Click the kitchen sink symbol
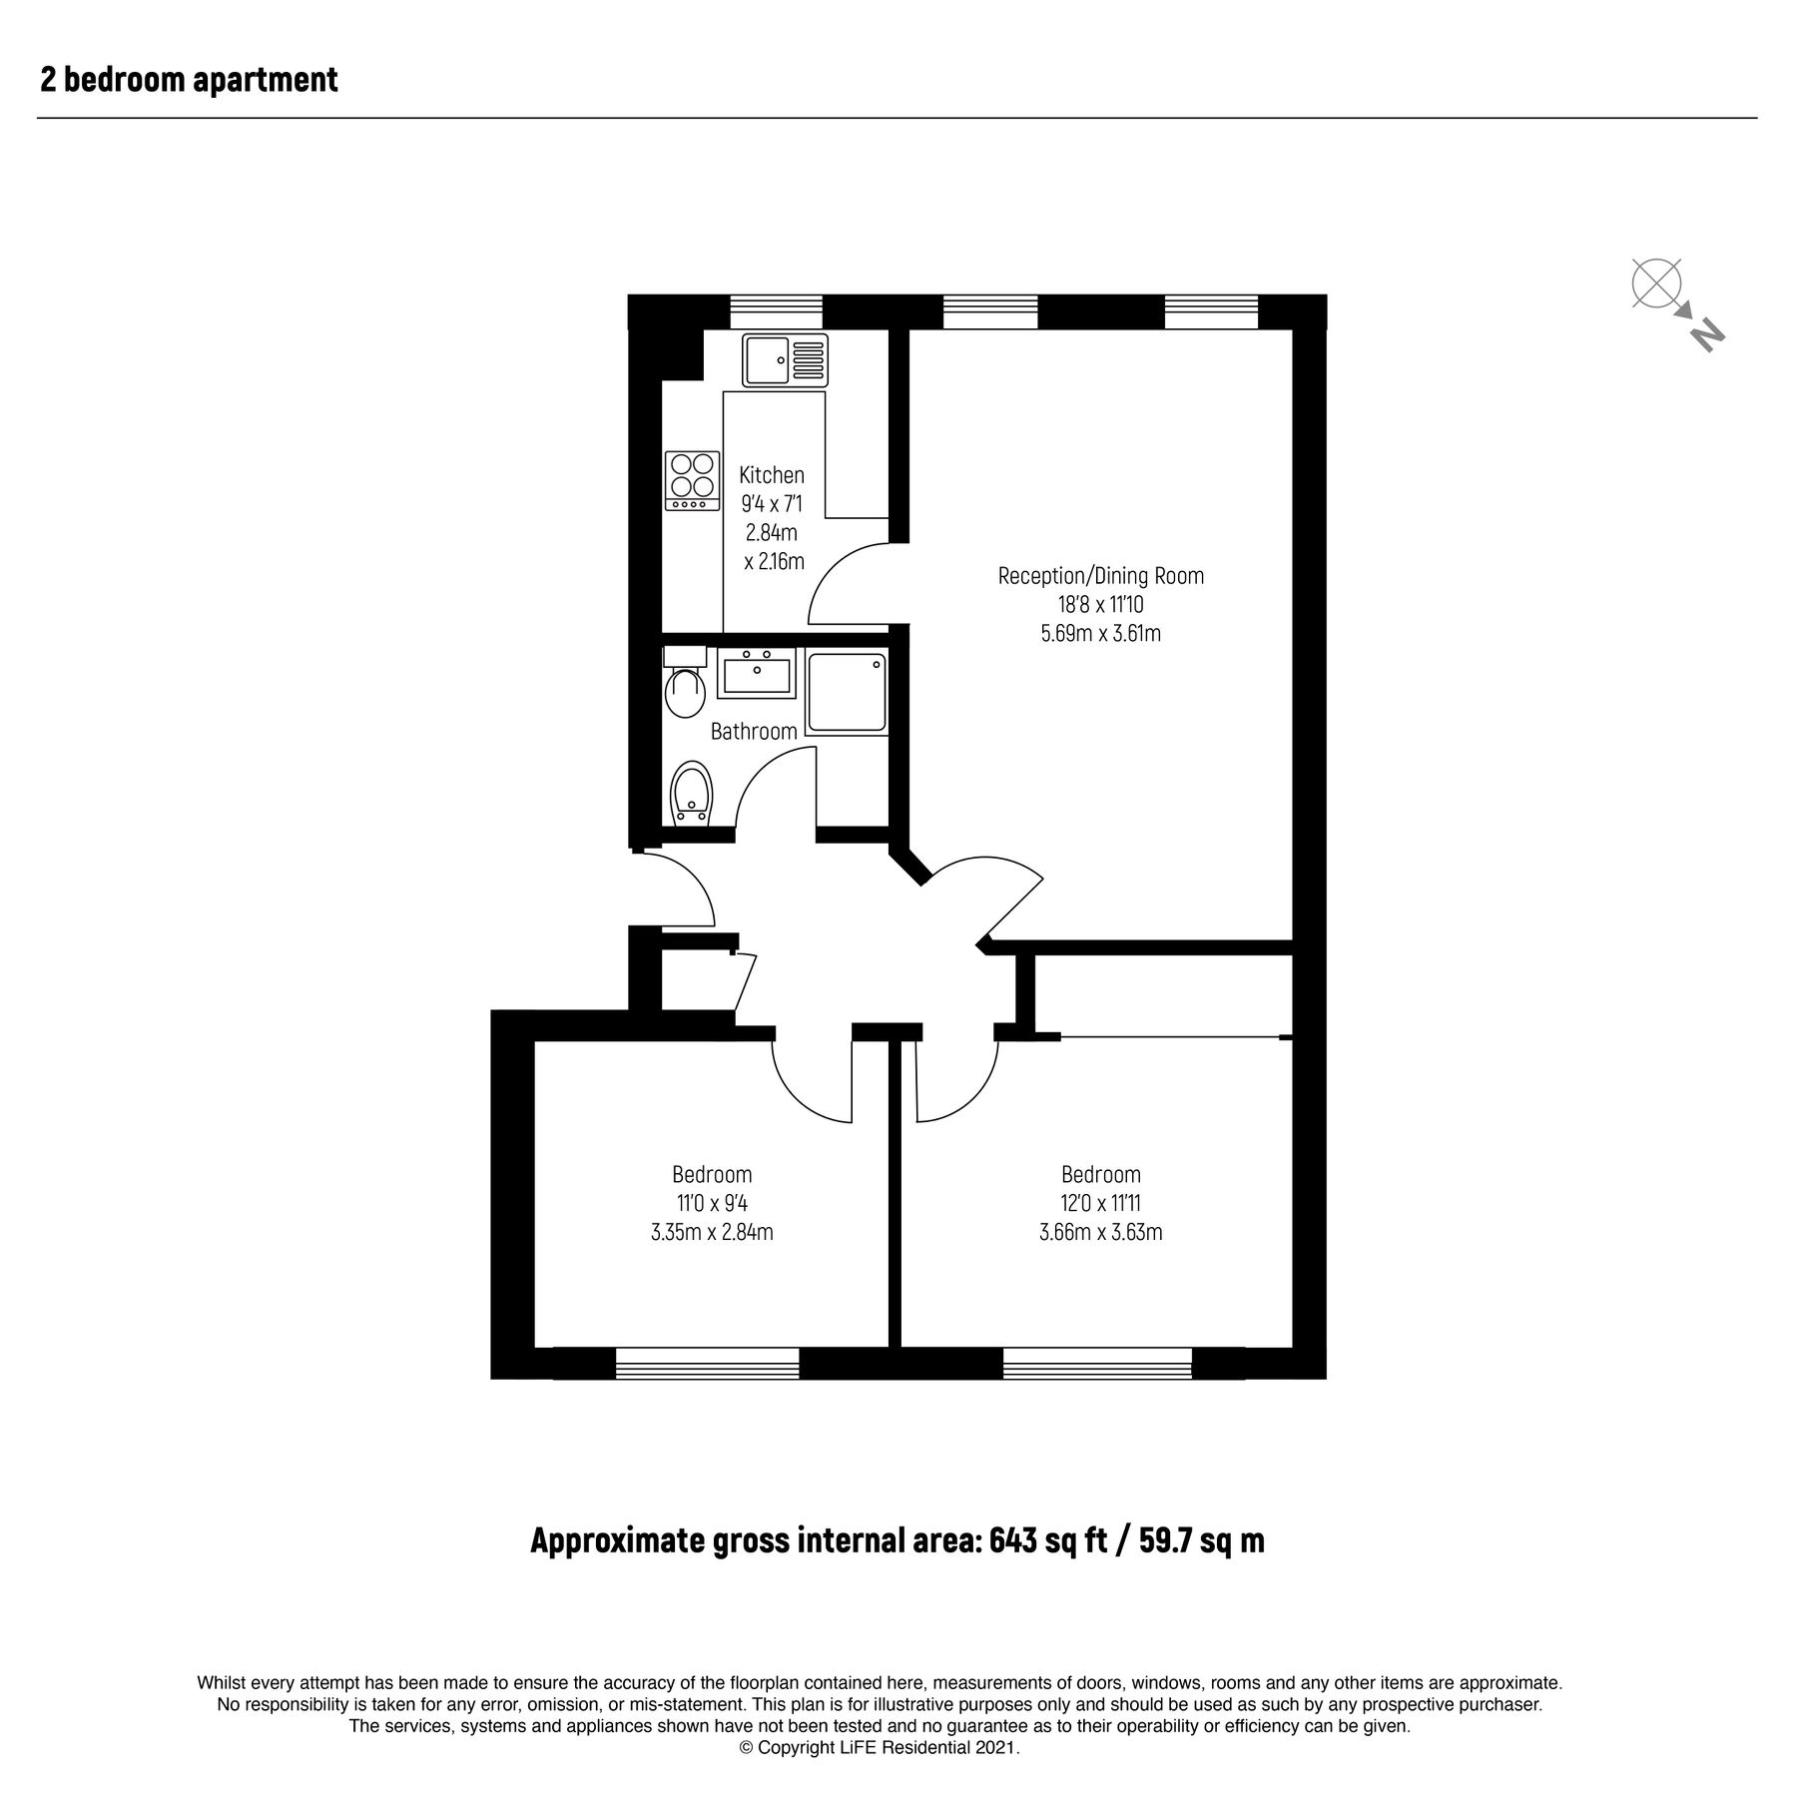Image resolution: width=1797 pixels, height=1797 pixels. click(x=785, y=360)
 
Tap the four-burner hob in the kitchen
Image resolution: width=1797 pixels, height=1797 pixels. click(x=692, y=480)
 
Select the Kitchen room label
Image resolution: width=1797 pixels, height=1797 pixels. click(x=771, y=475)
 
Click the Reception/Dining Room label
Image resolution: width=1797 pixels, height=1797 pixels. click(x=1100, y=576)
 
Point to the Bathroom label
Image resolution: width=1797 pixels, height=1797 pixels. click(x=754, y=731)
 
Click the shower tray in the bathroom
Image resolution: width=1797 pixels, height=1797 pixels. click(x=847, y=693)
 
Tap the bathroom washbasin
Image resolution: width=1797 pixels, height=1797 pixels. click(x=755, y=673)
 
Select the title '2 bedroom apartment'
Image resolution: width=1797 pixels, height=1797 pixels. click(x=189, y=80)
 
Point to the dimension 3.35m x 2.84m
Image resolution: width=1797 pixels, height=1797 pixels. click(x=711, y=1232)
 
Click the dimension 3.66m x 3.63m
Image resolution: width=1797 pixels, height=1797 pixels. click(x=1100, y=1232)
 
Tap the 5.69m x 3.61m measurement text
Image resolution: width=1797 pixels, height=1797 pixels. click(x=1100, y=633)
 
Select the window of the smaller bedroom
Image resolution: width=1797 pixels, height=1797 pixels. click(x=707, y=1364)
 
